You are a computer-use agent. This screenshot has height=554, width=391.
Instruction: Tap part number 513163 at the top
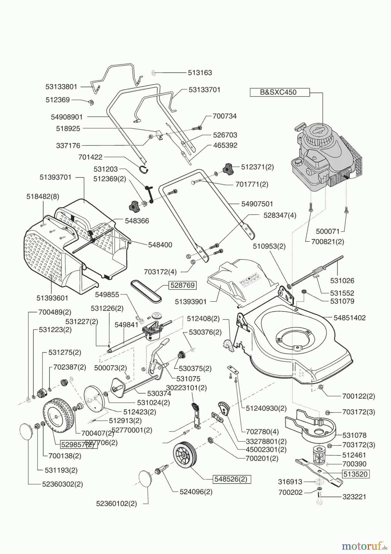(200, 73)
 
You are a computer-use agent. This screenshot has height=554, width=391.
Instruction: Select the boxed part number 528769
(182, 285)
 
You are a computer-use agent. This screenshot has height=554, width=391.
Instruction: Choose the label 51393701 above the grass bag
(55, 177)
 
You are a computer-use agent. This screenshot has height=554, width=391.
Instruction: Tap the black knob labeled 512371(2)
(228, 168)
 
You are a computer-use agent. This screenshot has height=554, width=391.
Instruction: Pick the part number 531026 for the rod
(342, 281)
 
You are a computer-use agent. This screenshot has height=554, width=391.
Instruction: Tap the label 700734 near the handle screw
(224, 116)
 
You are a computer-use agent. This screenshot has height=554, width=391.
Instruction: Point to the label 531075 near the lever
(188, 379)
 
